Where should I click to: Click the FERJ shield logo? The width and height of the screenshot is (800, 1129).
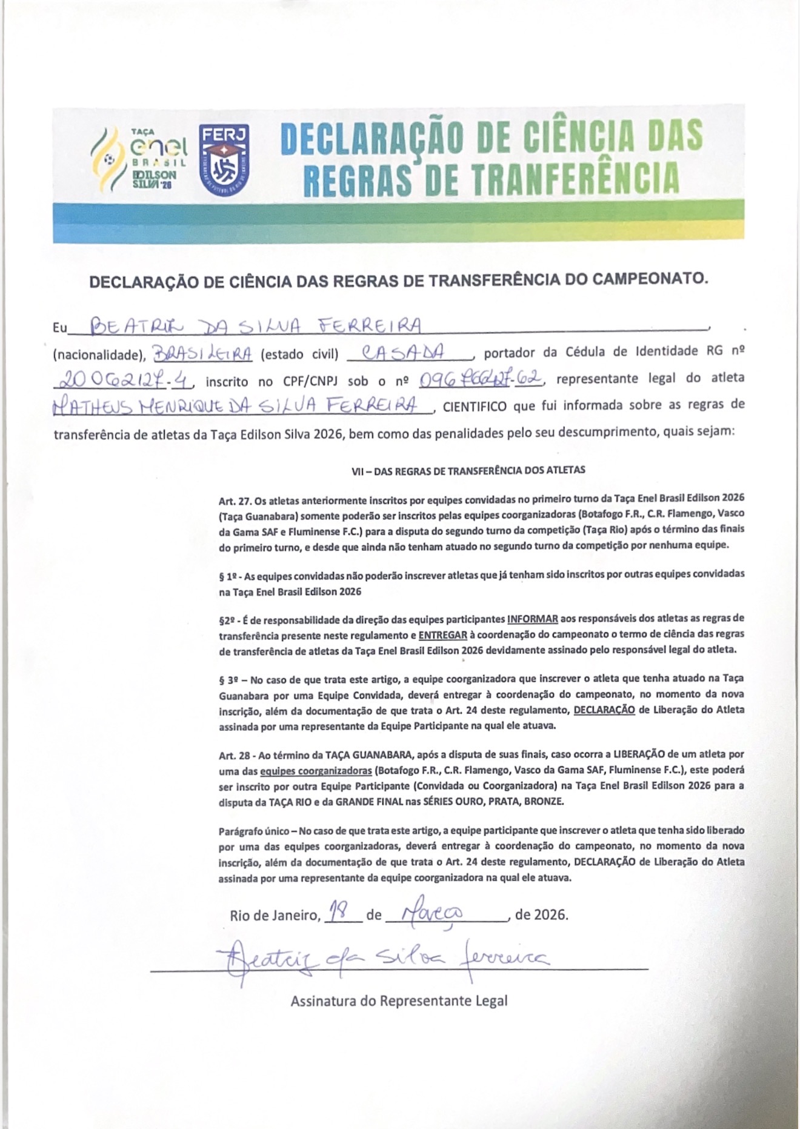[x=224, y=156]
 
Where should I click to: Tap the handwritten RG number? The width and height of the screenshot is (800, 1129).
[x=124, y=380]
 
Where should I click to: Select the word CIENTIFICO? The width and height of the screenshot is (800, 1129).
[x=475, y=406]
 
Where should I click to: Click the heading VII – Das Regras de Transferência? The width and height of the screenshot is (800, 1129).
[x=468, y=470]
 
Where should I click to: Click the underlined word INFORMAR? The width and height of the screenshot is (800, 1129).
[x=533, y=619]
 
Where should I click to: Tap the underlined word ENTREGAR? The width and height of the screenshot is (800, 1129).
[x=442, y=634]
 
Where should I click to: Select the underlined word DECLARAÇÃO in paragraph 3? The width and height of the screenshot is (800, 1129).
[x=604, y=710]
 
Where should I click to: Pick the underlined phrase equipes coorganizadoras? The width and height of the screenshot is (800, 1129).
[x=316, y=771]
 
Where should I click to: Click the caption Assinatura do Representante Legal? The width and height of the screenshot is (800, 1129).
[x=399, y=1001]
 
